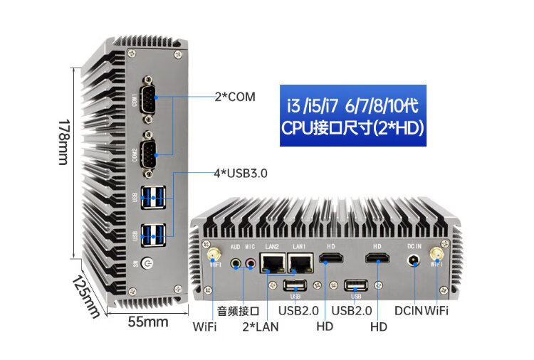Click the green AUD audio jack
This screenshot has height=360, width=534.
tap(237, 263)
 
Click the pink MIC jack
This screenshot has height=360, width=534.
tap(250, 263)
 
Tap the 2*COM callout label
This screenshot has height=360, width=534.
tap(235, 96)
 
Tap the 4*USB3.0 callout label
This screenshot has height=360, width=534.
tap(241, 172)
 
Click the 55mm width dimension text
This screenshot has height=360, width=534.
tap(148, 322)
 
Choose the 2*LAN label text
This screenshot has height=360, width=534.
tap(261, 327)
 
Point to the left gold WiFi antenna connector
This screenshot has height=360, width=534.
tap(211, 254)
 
